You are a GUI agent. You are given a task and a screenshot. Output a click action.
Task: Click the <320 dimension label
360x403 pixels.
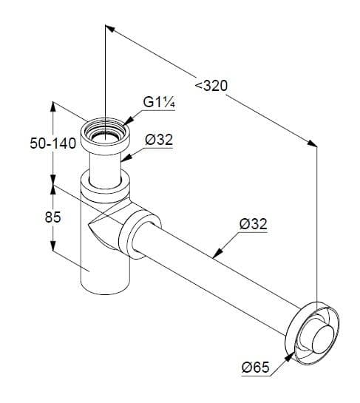(211, 86)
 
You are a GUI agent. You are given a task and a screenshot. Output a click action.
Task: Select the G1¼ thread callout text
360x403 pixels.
(159, 102)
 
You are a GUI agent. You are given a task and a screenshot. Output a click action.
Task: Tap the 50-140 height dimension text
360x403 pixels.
(53, 143)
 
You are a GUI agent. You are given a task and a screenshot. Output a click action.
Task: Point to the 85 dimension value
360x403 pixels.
(53, 217)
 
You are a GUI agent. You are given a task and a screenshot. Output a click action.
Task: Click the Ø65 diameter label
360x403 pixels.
(256, 367)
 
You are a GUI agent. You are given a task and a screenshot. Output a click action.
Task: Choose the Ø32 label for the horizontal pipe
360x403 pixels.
(254, 223)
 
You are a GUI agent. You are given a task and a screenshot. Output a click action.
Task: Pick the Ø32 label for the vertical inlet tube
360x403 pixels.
(159, 140)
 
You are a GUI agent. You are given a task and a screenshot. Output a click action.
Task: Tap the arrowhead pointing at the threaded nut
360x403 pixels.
(129, 121)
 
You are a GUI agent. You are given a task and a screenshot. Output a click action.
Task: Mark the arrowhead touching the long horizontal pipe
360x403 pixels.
(217, 253)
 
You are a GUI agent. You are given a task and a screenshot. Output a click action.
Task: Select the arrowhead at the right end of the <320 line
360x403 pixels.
(313, 143)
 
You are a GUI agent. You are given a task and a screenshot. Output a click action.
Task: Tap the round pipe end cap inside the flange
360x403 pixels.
(322, 339)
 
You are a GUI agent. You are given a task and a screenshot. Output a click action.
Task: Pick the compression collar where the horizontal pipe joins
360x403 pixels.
(140, 234)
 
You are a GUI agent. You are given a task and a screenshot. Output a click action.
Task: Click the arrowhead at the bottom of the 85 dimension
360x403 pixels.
(53, 246)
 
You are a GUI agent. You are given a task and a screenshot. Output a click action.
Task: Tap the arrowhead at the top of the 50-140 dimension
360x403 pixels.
(53, 107)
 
